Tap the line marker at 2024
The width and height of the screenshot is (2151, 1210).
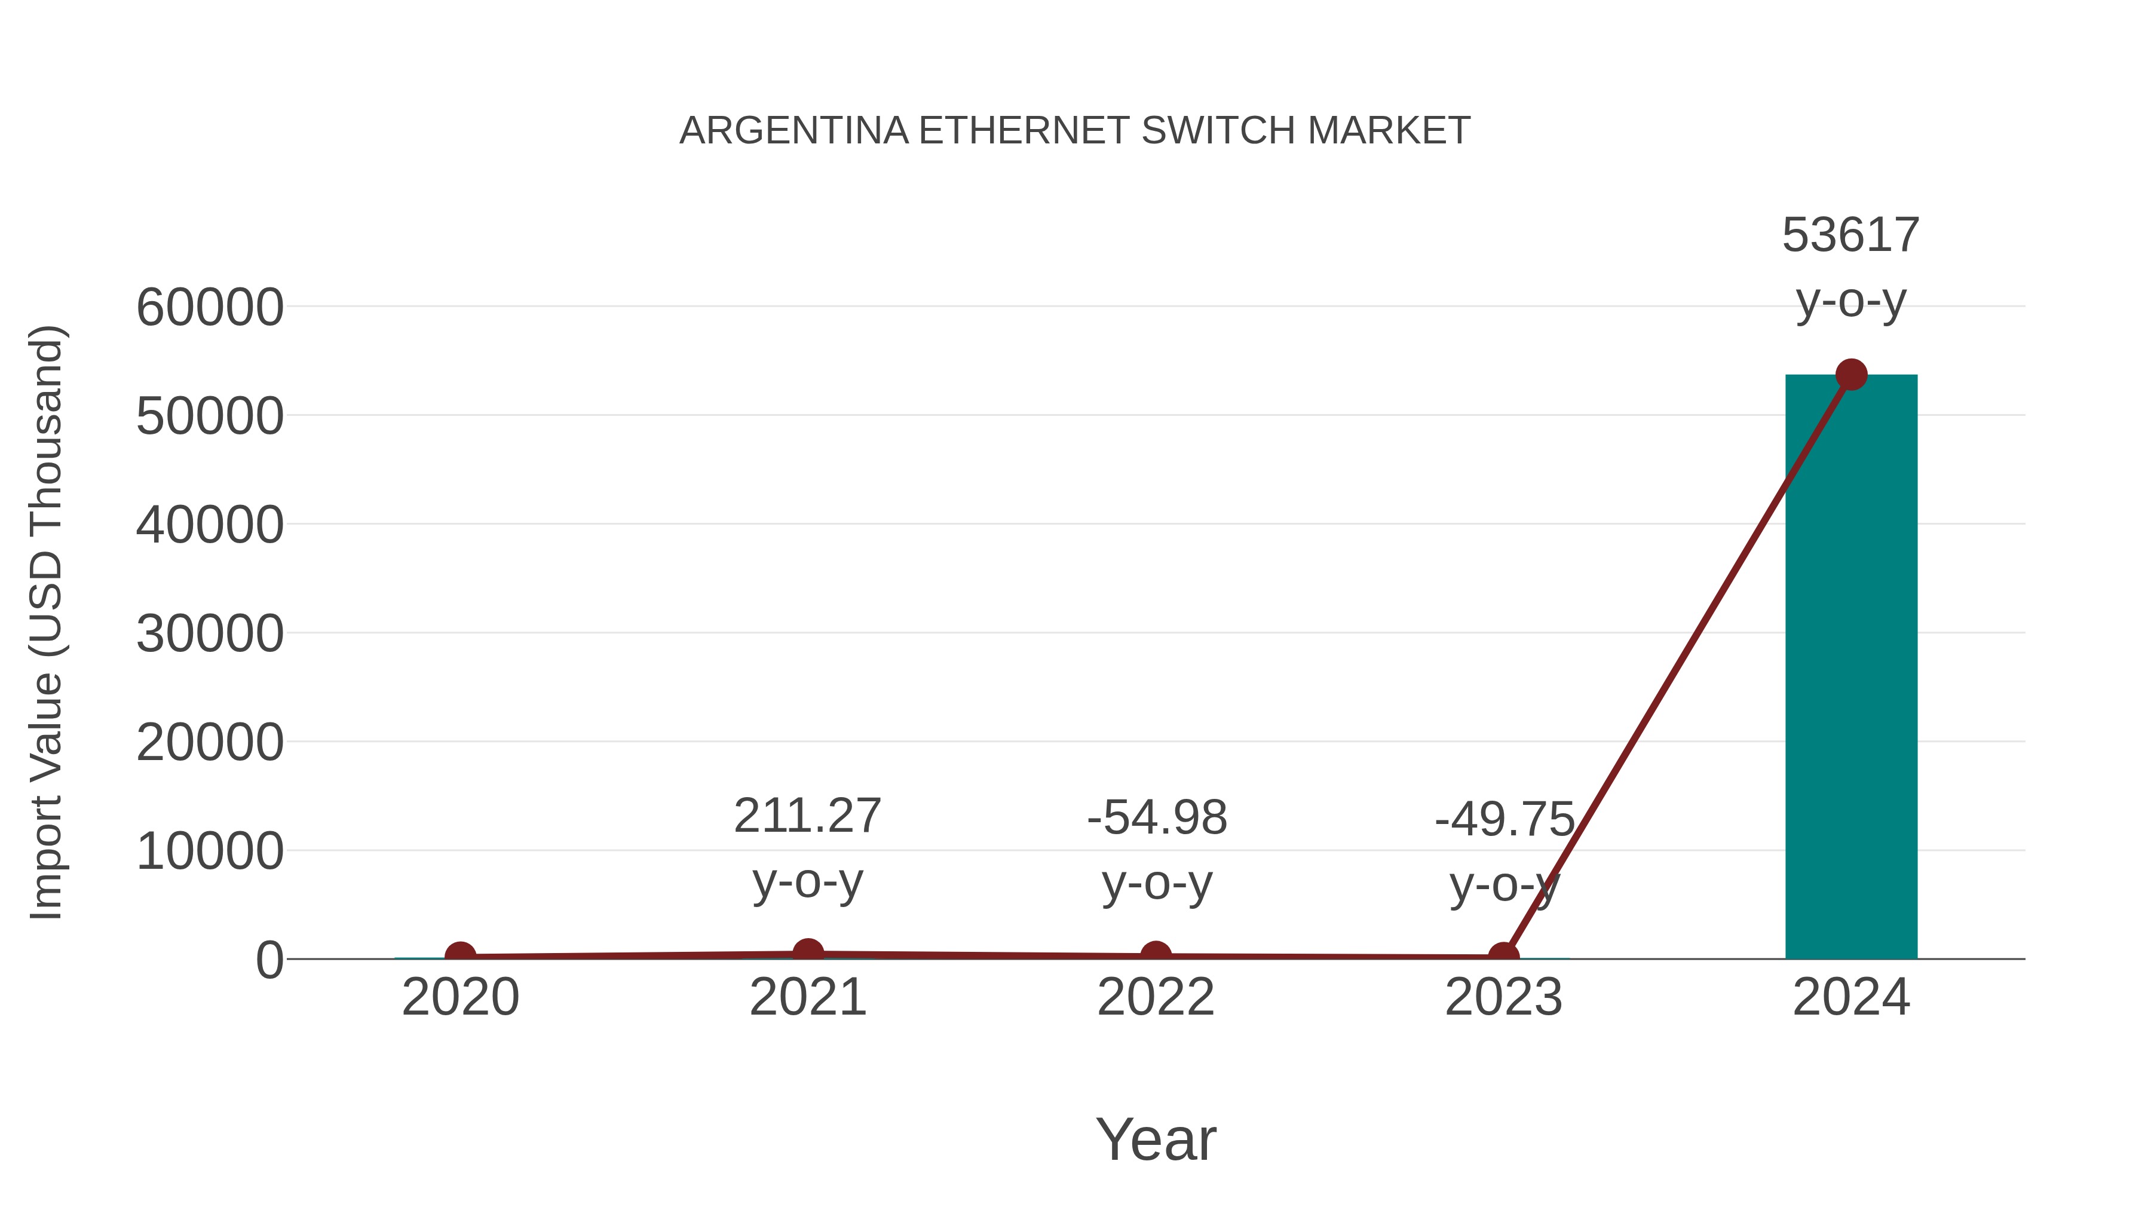[1851, 375]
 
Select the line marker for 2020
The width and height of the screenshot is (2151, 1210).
[460, 955]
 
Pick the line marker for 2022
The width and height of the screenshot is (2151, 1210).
[1156, 955]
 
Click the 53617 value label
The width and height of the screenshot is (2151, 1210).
[1850, 235]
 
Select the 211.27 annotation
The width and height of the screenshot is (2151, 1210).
[807, 816]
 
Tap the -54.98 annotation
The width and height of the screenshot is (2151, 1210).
[1157, 817]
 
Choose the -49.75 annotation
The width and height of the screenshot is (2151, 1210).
[1504, 819]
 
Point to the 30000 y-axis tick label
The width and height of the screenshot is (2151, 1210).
[210, 634]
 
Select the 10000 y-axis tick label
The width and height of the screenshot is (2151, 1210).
[210, 851]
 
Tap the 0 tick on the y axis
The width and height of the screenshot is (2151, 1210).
[269, 960]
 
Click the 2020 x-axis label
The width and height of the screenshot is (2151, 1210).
[460, 997]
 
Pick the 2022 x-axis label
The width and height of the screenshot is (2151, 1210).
[1156, 997]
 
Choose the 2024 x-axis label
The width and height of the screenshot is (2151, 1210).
[1850, 997]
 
